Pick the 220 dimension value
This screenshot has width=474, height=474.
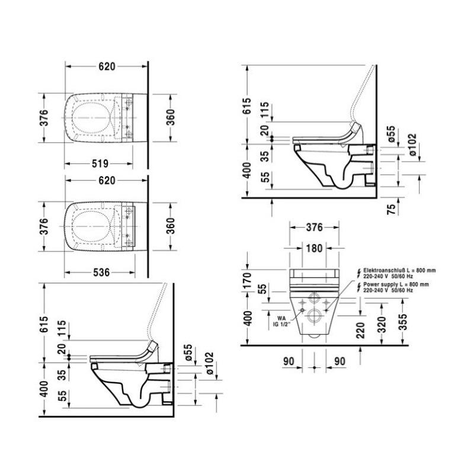(361, 327)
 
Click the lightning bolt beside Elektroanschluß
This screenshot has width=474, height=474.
(357, 273)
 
